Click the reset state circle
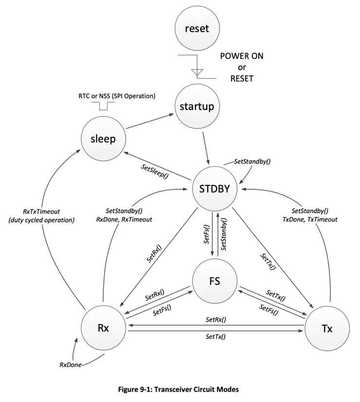pyautogui.click(x=197, y=29)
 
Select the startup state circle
pyautogui.click(x=197, y=107)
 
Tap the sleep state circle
pyautogui.click(x=103, y=139)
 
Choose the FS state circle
pyautogui.click(x=215, y=282)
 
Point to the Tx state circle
pyautogui.click(x=326, y=329)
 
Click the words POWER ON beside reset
pyautogui.click(x=242, y=56)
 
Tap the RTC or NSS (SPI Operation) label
pyautogui.click(x=117, y=96)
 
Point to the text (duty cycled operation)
pyautogui.click(x=42, y=220)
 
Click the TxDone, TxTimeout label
pyautogui.click(x=309, y=219)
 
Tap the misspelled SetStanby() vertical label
pyautogui.click(x=224, y=235)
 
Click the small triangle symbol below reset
pyautogui.click(x=197, y=72)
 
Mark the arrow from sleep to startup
pyautogui.click(x=149, y=122)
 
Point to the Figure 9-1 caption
pyautogui.click(x=179, y=389)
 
